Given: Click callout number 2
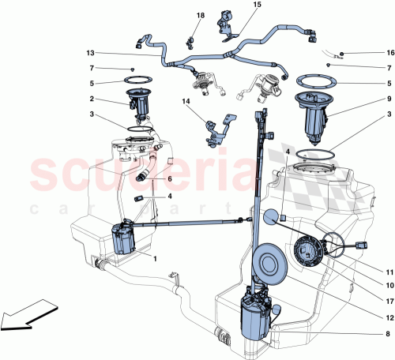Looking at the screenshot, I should [x=92, y=99].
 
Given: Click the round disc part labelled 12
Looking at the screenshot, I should [x=266, y=264].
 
